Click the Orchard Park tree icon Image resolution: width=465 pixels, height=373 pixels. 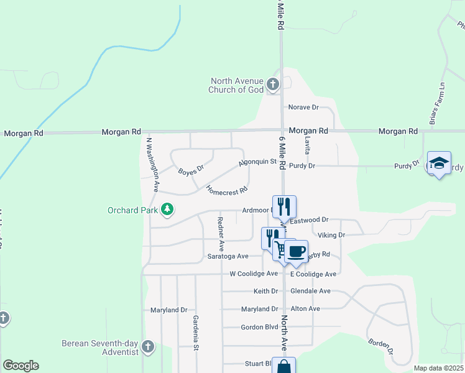(167, 210)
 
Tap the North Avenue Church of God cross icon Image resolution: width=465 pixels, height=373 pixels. (273, 85)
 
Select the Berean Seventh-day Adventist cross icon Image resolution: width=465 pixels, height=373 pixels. (147, 347)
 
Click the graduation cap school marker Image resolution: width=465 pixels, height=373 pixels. (439, 163)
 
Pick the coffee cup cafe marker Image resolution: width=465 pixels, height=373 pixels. (297, 251)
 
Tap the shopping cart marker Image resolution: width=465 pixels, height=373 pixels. (281, 250)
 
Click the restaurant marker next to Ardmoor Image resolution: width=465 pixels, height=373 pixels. (284, 206)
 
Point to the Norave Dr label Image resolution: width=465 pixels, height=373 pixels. (303, 108)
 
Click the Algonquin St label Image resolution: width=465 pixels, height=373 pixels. (257, 162)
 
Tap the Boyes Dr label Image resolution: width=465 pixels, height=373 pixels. (191, 169)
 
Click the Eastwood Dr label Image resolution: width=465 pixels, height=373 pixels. (309, 220)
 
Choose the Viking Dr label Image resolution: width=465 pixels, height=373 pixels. (331, 235)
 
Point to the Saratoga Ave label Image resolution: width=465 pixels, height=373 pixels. (228, 256)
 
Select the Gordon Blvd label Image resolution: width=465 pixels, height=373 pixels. (259, 327)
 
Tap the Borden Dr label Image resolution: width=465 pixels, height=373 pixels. (381, 346)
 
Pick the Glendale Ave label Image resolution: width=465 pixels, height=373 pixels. (310, 291)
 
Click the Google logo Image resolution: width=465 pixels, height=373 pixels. (21, 366)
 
